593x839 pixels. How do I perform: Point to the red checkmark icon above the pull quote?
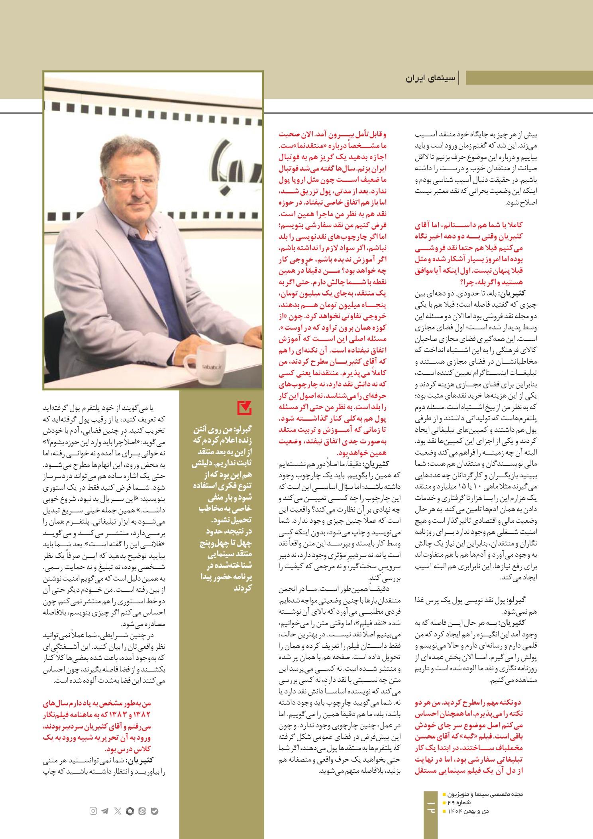[x=244, y=408]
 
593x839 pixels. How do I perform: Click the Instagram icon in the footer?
[x=93, y=811]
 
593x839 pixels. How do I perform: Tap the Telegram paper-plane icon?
[x=105, y=811]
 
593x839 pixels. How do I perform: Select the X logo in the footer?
[x=117, y=811]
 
